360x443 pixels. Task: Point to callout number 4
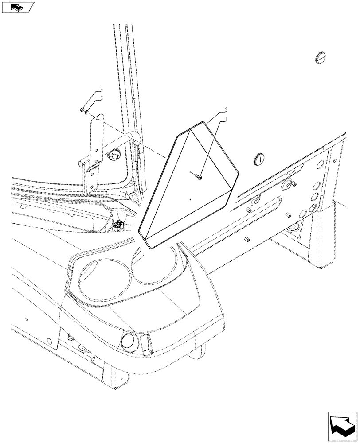click(x=102, y=89)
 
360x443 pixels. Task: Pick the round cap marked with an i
click(x=260, y=158)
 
